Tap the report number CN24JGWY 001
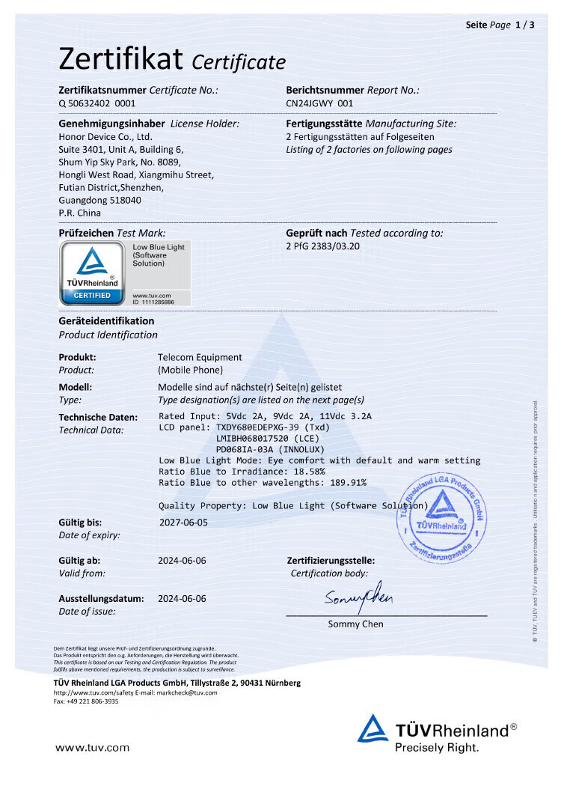(x=319, y=103)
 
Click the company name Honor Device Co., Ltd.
(x=105, y=137)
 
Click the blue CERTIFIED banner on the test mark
(x=92, y=296)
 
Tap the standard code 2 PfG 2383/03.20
(x=323, y=246)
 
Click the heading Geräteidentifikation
(x=106, y=321)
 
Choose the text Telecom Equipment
(x=200, y=357)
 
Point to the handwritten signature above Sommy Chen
(x=358, y=596)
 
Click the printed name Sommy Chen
(x=355, y=624)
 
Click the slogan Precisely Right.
(x=436, y=747)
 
